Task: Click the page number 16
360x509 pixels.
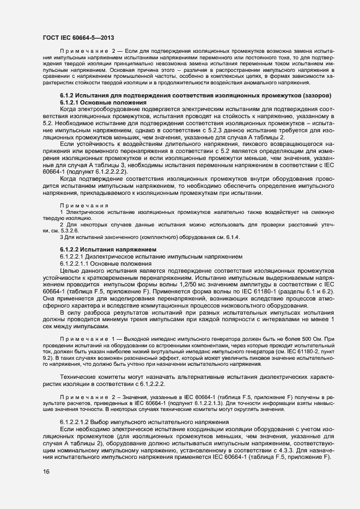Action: pos(46,471)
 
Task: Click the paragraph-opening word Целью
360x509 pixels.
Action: pos(70,271)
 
